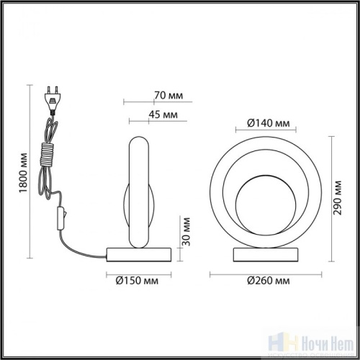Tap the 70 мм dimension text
tap(167, 94)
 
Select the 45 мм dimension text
tap(166, 114)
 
